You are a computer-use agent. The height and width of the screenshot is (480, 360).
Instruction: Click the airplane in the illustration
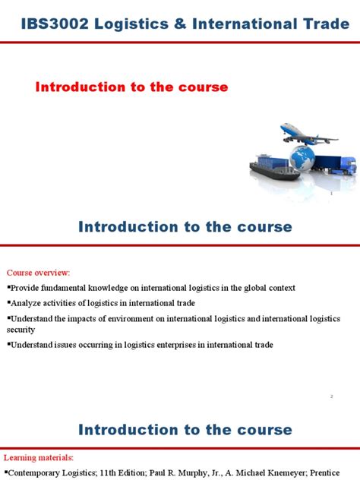308,136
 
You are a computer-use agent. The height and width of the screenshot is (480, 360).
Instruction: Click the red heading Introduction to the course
131,87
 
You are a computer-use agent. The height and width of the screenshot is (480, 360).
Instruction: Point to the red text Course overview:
38,273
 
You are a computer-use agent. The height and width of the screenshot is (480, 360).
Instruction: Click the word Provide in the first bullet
27,289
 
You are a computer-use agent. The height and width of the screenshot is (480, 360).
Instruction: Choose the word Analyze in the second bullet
28,303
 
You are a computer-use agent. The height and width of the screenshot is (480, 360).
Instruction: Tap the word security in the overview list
21,330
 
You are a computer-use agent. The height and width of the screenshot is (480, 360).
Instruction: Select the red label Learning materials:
39,458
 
